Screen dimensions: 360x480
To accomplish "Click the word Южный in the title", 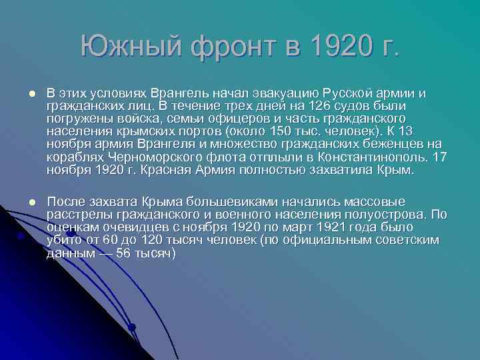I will pos(131,46).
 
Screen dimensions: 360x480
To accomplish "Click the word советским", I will pos(403,241).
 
